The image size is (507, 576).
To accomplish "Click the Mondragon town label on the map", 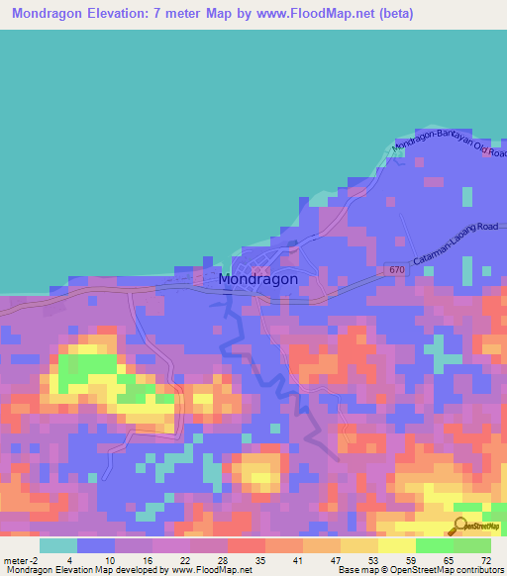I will click(256, 279).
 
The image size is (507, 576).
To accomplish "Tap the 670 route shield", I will click(397, 269).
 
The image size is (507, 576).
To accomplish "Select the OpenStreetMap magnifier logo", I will click(461, 526).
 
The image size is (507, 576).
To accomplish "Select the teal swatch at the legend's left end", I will click(58, 545).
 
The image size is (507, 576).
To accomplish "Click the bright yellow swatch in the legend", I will click(396, 545).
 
